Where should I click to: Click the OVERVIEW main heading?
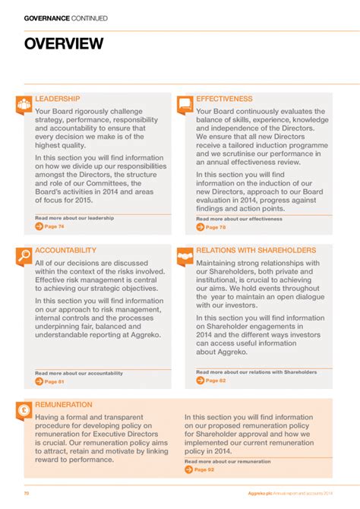click(x=64, y=44)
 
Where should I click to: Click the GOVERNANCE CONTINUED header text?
click(x=65, y=18)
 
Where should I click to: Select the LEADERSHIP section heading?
click(x=57, y=99)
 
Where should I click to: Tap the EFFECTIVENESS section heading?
click(x=224, y=99)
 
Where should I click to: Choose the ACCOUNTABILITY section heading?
click(x=65, y=250)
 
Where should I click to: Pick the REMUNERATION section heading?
click(x=64, y=405)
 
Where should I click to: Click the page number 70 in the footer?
click(x=26, y=494)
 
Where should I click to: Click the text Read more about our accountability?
click(x=79, y=373)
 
